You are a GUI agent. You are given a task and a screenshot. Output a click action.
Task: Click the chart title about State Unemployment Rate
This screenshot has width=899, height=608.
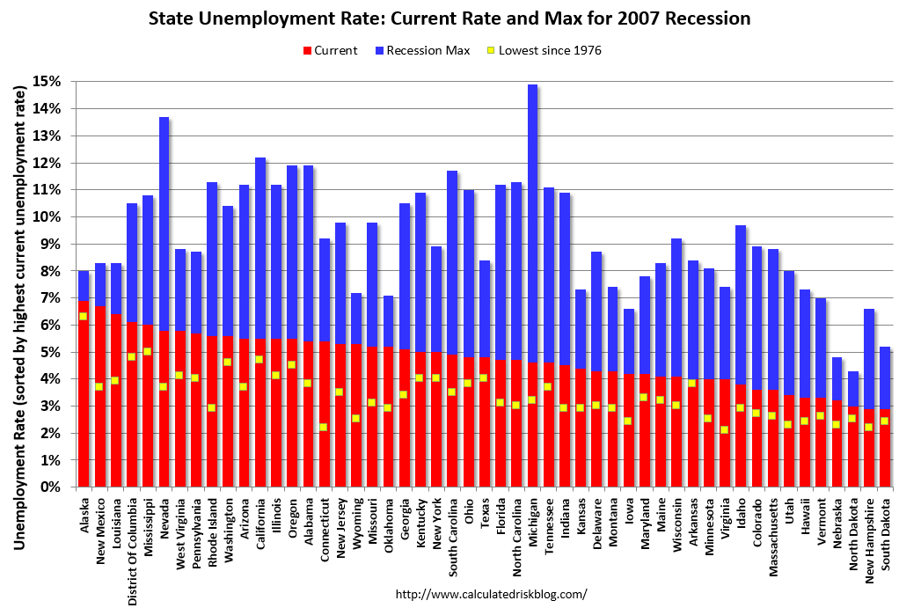click(449, 18)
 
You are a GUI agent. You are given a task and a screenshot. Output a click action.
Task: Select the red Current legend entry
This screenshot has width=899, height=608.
click(331, 50)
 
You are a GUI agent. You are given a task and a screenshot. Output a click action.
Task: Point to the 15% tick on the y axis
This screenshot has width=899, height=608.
click(48, 81)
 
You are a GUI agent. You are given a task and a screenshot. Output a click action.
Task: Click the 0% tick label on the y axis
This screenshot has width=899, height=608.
click(50, 487)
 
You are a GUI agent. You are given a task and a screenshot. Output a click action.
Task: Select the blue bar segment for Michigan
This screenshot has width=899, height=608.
click(532, 220)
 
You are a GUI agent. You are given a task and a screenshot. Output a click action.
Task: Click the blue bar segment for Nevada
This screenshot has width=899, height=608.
click(164, 220)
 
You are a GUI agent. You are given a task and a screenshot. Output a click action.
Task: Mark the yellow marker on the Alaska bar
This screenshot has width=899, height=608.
click(84, 317)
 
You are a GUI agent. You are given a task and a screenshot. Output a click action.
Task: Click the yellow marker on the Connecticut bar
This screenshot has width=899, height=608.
click(324, 428)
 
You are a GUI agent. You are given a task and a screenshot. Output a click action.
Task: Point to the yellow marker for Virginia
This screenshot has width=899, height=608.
click(725, 430)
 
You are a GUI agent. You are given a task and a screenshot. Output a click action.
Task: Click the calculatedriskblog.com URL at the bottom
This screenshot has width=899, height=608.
click(491, 594)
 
